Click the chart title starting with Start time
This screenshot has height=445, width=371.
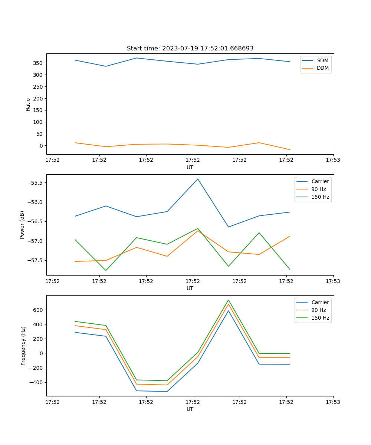tap(190, 49)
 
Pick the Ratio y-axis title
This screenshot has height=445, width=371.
tap(28, 104)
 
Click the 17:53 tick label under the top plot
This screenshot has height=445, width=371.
tap(333, 160)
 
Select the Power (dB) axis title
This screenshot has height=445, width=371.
tap(23, 225)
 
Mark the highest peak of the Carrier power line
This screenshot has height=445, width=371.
tap(198, 179)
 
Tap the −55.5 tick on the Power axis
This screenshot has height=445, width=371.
tap(36, 183)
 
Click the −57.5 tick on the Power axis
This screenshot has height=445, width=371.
tap(36, 260)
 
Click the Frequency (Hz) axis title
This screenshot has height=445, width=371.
tap(23, 346)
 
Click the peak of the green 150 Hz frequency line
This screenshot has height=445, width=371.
tap(229, 300)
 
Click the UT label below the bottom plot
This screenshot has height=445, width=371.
tap(190, 409)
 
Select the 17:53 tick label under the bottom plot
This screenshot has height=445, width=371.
tap(333, 402)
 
